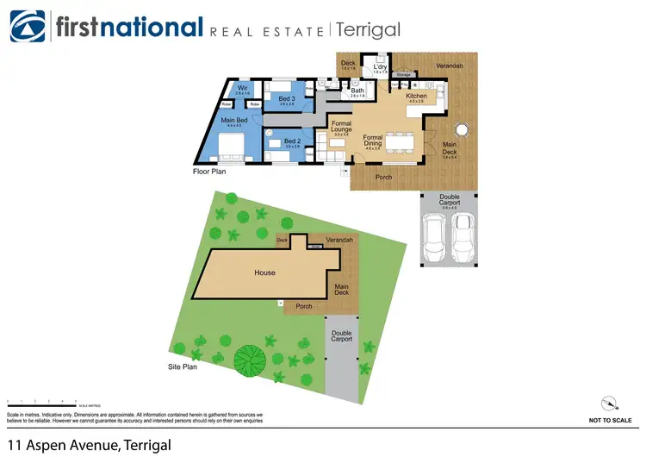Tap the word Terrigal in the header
pyautogui.click(x=368, y=30)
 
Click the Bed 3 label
pyautogui.click(x=287, y=99)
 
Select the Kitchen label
pyautogui.click(x=417, y=97)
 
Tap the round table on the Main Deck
pyautogui.click(x=460, y=129)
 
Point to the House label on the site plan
pyautogui.click(x=264, y=273)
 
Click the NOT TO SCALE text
pyautogui.click(x=610, y=420)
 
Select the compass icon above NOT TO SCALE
pyautogui.click(x=610, y=403)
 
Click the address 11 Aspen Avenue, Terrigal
pyautogui.click(x=90, y=445)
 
